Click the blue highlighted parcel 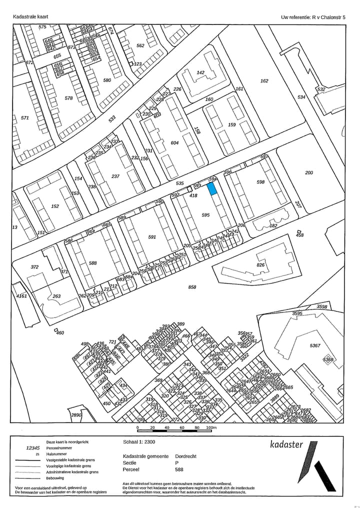click(212, 188)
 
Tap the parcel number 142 click(200, 72)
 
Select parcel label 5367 click(315, 346)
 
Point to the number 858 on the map click(192, 287)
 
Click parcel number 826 click(260, 265)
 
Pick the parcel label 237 click(115, 176)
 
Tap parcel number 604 click(174, 143)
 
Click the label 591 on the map click(152, 237)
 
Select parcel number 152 click(55, 206)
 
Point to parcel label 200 click(309, 173)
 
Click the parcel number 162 click(264, 81)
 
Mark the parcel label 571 click(25, 118)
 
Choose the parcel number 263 click(56, 296)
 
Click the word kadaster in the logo click(286, 444)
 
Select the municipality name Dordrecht click(186, 456)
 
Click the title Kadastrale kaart click(30, 17)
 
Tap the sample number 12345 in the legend click(32, 448)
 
